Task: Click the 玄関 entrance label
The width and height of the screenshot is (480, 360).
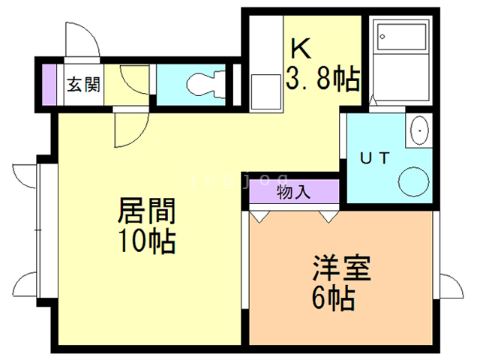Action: pyautogui.click(x=83, y=84)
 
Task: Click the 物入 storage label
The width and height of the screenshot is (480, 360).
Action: pyautogui.click(x=292, y=191)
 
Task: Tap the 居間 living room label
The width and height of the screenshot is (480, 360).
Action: pyautogui.click(x=145, y=212)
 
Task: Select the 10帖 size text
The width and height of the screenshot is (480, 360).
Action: pyautogui.click(x=145, y=242)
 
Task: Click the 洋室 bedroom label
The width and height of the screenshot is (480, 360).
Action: pyautogui.click(x=342, y=269)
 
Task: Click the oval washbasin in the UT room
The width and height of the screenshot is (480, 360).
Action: pyautogui.click(x=418, y=131)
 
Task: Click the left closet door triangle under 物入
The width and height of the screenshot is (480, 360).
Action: pyautogui.click(x=259, y=217)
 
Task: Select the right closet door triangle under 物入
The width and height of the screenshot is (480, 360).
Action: pyautogui.click(x=328, y=217)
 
